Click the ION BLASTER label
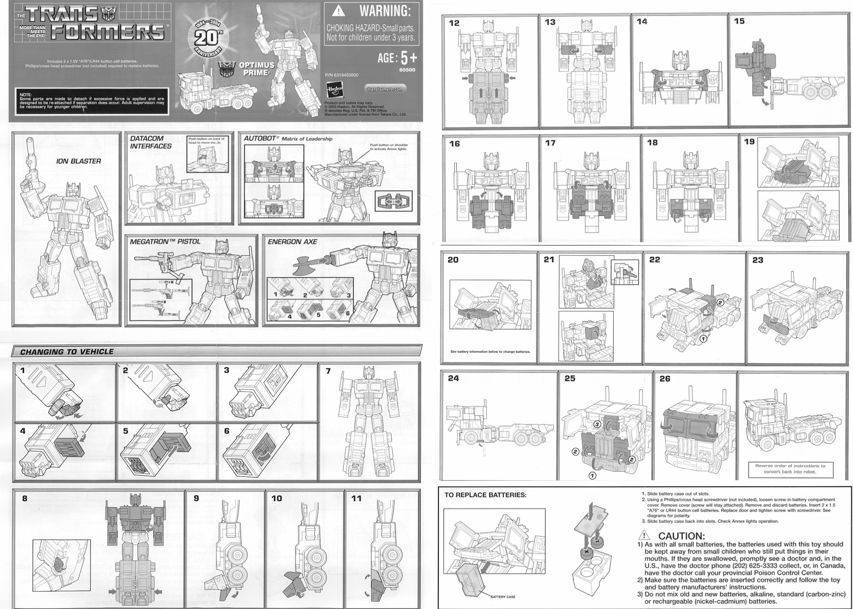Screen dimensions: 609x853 pos(78,161)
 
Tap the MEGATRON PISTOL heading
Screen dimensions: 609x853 pos(165,242)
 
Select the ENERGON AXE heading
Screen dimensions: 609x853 pos(292,242)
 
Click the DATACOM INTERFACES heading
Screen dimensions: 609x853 pos(151,142)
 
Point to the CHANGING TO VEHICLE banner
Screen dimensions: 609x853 pos(67,352)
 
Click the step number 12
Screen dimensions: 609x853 pos(454,23)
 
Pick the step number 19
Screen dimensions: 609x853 pos(749,142)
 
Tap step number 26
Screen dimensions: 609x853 pos(665,379)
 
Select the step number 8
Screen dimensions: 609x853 pos(25,498)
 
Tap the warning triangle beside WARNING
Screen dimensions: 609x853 pos(338,10)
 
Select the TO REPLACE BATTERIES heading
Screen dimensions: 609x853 pos(485,495)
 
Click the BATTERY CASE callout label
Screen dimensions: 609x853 pos(503,597)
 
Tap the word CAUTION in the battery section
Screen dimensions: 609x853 pos(681,536)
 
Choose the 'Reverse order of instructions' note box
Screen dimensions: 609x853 pos(790,469)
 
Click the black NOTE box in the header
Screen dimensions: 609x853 pos(92,101)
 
